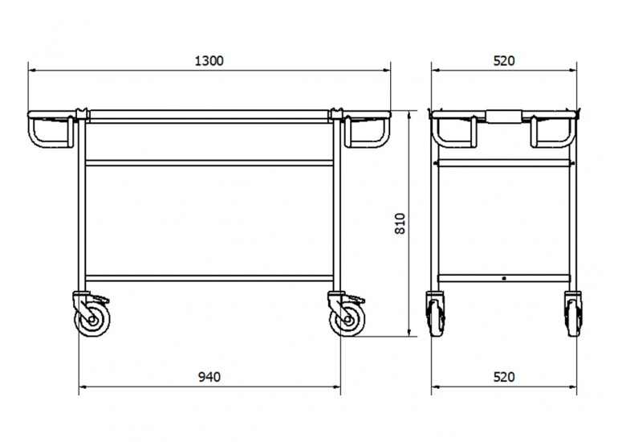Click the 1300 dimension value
click(209, 61)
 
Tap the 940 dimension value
click(209, 377)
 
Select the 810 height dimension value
click(400, 223)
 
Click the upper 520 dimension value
click(504, 61)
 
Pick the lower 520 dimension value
click(504, 377)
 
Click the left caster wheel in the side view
click(92, 319)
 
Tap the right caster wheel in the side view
click(348, 319)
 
